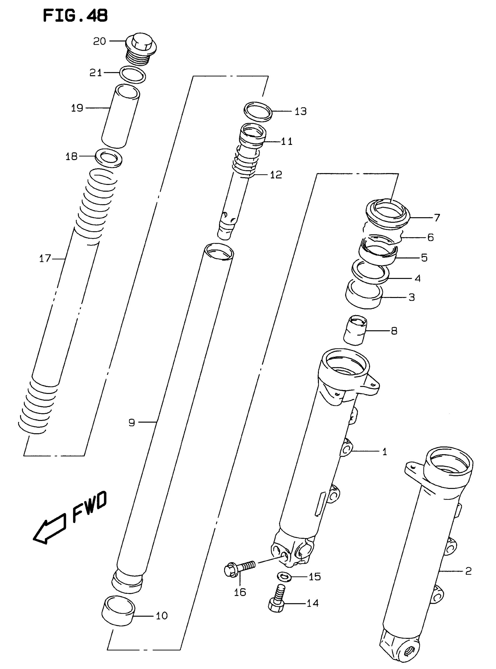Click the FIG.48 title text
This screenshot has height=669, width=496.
(x=75, y=16)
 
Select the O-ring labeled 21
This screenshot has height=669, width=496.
(x=132, y=74)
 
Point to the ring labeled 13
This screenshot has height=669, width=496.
(x=258, y=111)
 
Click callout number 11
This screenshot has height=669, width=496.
(x=287, y=141)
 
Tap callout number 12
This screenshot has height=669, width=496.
(x=276, y=175)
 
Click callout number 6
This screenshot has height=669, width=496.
(x=430, y=237)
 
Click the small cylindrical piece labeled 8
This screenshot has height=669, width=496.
(x=355, y=330)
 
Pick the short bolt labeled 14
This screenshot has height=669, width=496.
(x=277, y=602)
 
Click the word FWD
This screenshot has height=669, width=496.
(x=90, y=507)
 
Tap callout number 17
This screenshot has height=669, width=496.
(x=45, y=258)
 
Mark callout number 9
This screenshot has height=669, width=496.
(x=132, y=423)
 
